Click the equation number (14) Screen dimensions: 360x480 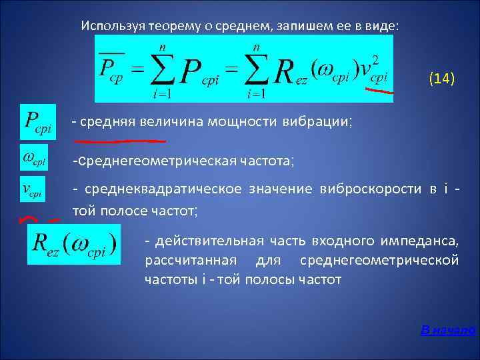[x=441, y=79]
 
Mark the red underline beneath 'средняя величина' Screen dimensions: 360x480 [x=120, y=141]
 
